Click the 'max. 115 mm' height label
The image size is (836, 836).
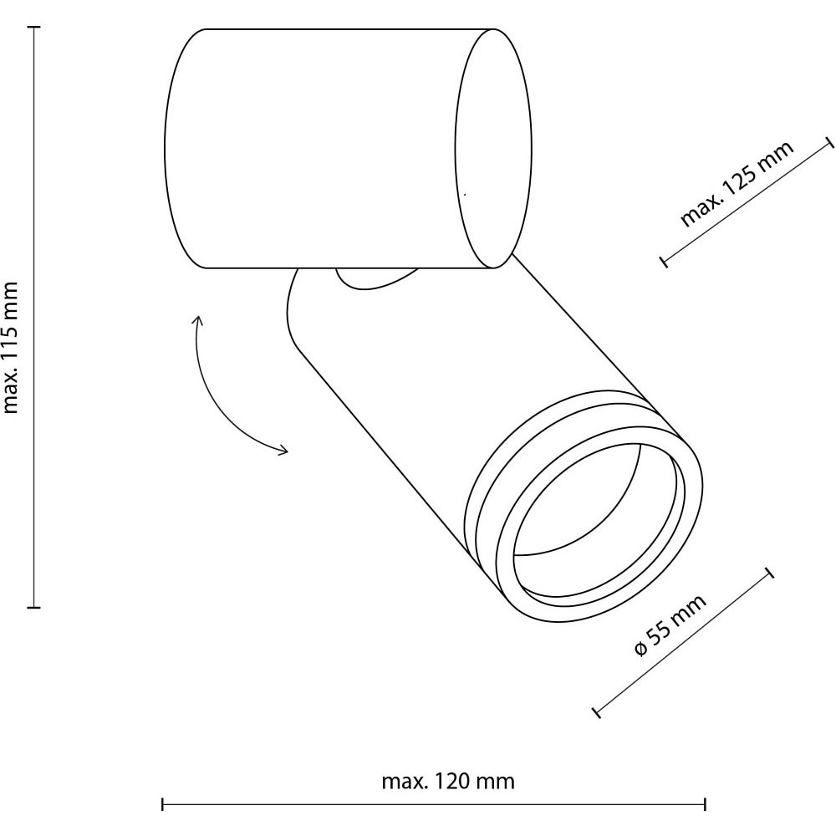point(11,348)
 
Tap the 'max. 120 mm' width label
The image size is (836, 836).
point(448,782)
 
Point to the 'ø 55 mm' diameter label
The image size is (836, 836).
point(670,624)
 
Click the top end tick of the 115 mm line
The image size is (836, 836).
point(34,27)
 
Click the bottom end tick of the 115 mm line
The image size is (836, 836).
point(34,607)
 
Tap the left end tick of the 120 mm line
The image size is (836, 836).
point(162,804)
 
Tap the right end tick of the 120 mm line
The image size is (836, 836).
point(706,804)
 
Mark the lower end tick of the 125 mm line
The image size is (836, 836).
point(663,261)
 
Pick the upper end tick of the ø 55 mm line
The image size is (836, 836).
point(769,573)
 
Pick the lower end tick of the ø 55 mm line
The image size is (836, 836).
point(597,711)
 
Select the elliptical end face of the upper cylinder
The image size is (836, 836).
point(493,148)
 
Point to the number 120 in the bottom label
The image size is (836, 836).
point(453,782)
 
